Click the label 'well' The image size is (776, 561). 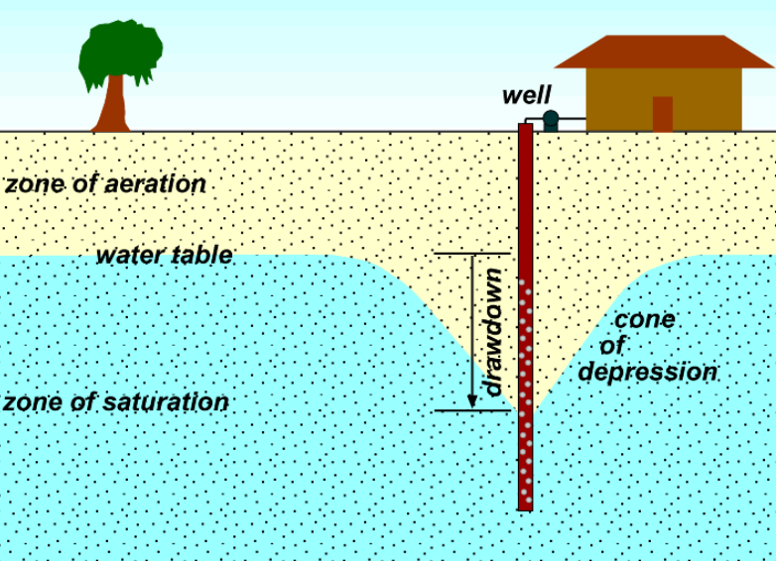click(526, 95)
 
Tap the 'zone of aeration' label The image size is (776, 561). click(105, 184)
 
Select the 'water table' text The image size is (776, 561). click(164, 255)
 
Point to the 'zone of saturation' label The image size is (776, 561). click(115, 402)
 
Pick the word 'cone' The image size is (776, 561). click(645, 319)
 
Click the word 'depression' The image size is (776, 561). click(648, 373)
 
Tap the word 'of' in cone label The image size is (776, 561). click(612, 346)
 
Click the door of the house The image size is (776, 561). click(662, 113)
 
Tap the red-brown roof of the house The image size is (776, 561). click(663, 52)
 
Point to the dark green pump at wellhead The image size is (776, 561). click(551, 121)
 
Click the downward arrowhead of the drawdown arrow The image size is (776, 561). click(473, 400)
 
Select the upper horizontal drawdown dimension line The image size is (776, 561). click(471, 254)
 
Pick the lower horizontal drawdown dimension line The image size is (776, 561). click(471, 409)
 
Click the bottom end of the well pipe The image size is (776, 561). click(525, 505)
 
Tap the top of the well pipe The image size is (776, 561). click(525, 127)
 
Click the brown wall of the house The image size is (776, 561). click(615, 99)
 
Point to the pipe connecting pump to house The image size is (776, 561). click(573, 121)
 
